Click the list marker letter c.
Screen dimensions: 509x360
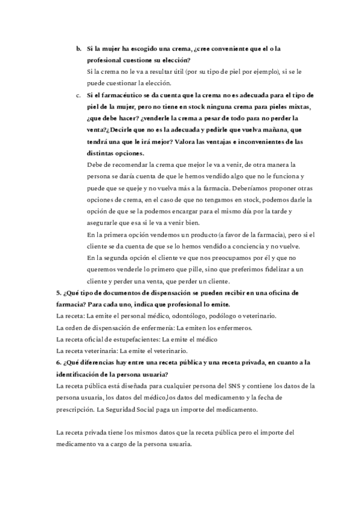[x=78, y=95]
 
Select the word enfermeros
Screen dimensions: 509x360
[x=235, y=328]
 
